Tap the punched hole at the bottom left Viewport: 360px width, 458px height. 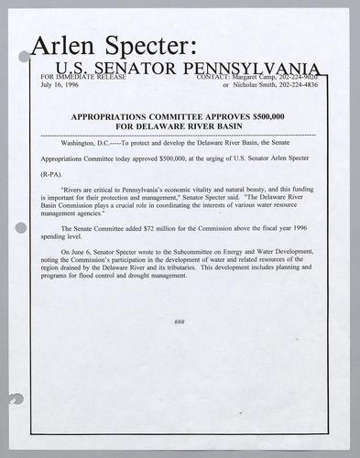tap(15, 400)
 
